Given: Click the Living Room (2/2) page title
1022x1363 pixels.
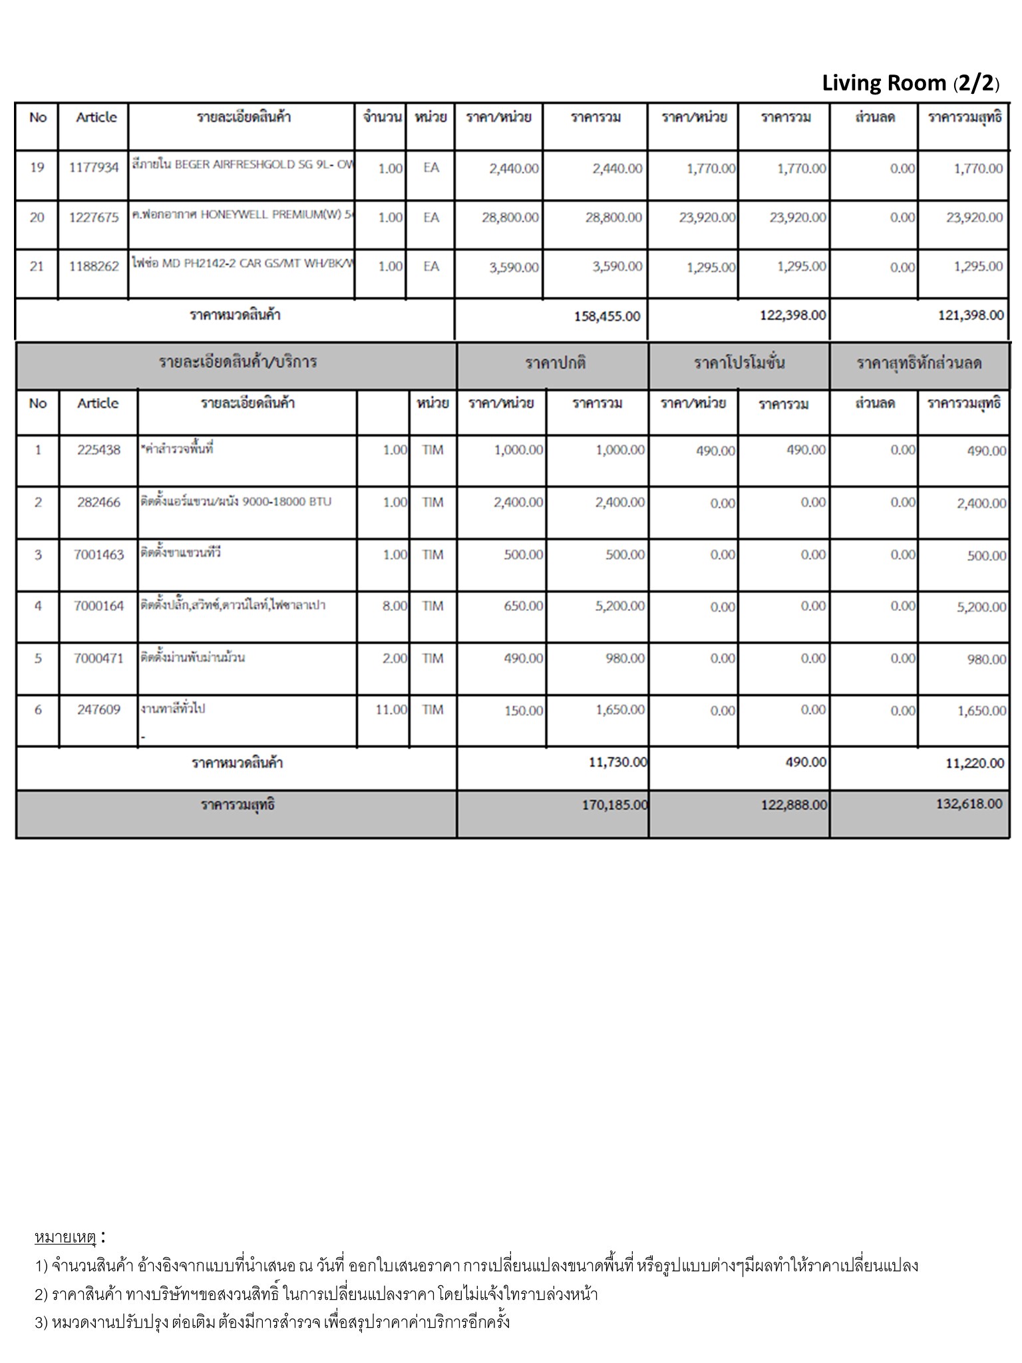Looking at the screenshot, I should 910,83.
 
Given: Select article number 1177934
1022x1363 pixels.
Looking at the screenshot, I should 94,168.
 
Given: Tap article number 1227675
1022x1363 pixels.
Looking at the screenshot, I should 94,218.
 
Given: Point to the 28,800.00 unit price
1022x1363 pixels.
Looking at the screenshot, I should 510,218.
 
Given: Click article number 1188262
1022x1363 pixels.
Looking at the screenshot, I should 94,267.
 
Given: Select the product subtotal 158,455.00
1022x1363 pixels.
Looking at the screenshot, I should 607,316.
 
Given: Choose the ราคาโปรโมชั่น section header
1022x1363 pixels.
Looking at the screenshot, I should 739,364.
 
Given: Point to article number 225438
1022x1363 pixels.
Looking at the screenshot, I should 98,451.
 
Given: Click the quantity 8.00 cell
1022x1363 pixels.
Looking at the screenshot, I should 395,606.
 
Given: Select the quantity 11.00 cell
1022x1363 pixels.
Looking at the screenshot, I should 391,710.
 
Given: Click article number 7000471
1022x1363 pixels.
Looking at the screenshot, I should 98,659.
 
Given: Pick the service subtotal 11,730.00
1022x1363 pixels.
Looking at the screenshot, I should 617,762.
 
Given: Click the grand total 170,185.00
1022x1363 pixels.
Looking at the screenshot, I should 614,805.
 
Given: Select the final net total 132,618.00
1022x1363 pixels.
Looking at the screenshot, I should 968,804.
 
